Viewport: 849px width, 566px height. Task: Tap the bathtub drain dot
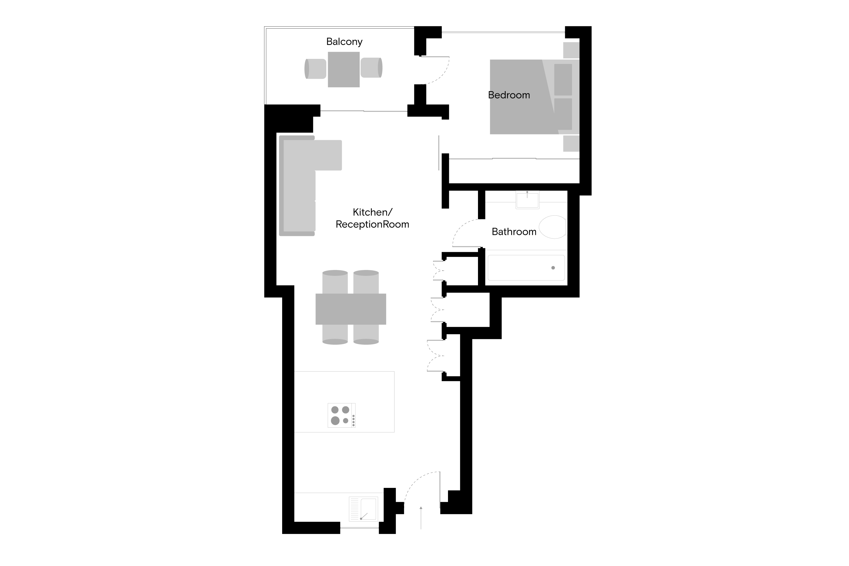[553, 268]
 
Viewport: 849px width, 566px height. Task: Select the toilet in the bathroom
[552, 227]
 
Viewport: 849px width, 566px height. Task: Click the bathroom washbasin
[528, 200]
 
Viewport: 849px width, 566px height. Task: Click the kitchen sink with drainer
[363, 509]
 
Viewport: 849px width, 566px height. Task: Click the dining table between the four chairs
[351, 309]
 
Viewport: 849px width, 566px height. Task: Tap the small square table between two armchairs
[343, 69]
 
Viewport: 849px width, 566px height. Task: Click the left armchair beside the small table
[316, 68]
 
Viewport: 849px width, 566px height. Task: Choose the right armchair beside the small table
[371, 68]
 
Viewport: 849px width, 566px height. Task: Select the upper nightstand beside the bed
[571, 50]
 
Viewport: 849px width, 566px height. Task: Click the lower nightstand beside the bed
[571, 143]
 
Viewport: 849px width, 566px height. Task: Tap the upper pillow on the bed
[563, 80]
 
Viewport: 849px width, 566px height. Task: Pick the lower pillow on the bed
[563, 114]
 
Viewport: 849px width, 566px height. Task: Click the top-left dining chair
[335, 282]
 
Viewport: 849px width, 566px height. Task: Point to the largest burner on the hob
[335, 421]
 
